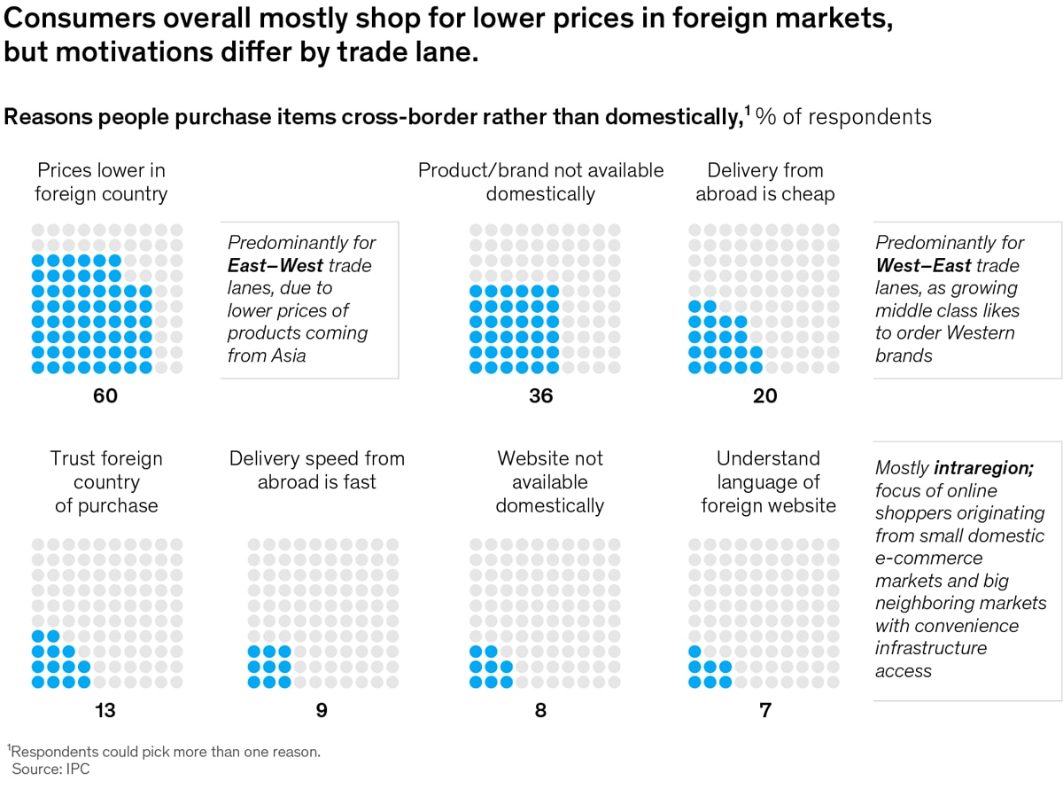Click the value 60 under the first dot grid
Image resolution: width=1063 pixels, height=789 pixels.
click(105, 395)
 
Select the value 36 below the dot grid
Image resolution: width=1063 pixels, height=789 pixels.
click(540, 395)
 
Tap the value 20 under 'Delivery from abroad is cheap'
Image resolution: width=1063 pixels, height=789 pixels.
click(764, 395)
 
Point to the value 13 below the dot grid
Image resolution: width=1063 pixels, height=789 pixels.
click(105, 710)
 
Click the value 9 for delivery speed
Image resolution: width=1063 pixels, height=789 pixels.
click(322, 710)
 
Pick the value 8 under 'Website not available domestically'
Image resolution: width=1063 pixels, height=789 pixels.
click(540, 710)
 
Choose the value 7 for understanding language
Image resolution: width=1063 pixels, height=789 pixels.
click(764, 710)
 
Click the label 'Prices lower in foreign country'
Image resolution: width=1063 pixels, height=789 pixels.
click(101, 182)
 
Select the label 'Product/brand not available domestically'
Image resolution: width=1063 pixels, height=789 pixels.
click(540, 182)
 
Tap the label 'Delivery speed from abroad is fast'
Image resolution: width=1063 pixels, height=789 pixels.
click(316, 470)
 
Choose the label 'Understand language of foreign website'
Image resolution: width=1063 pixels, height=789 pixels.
click(768, 481)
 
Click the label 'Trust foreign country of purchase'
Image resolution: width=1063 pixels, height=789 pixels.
click(105, 481)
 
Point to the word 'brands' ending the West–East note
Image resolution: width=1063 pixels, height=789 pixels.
click(904, 355)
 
